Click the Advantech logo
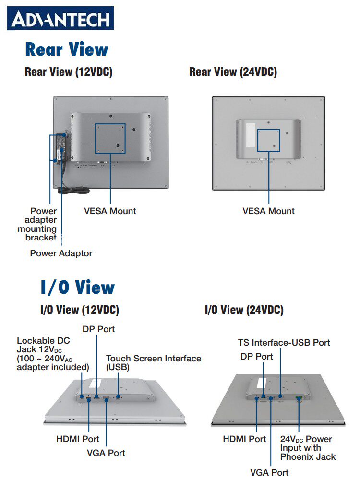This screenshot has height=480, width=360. point(60,19)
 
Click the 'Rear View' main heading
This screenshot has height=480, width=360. point(67,49)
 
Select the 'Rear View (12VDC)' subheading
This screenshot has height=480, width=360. point(69,72)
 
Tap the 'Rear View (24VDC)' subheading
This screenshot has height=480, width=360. point(233,72)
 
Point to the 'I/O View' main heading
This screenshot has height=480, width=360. point(77,288)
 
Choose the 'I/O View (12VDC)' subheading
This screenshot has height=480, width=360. point(79,310)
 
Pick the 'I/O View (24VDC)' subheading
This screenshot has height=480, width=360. point(244,310)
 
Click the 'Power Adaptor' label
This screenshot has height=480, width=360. point(61,253)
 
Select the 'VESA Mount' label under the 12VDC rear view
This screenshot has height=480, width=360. point(110,211)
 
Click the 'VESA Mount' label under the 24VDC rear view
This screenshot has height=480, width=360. point(268,211)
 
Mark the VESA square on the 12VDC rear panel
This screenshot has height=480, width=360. point(110,138)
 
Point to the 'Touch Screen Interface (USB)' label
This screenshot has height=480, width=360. point(153,363)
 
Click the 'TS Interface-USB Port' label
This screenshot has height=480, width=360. point(284,343)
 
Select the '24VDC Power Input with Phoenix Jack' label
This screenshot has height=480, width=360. point(308,447)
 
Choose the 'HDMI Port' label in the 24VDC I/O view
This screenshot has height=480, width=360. point(244,439)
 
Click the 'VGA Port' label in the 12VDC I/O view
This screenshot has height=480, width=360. point(106,453)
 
